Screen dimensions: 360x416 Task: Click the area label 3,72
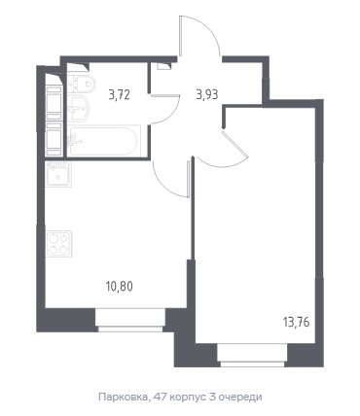[120, 95]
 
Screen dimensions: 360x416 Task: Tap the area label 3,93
[207, 95]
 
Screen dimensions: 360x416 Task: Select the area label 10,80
[120, 287]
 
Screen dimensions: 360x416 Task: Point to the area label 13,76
[297, 323]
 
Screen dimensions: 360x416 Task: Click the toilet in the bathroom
[83, 84]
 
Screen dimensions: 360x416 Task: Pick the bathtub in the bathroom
[104, 141]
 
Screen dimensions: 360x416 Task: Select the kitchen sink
[58, 174]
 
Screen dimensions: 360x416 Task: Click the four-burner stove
[58, 244]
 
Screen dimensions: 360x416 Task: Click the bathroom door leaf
[165, 95]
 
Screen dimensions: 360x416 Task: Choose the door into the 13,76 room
[234, 144]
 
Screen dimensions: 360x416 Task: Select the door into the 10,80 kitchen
[188, 179]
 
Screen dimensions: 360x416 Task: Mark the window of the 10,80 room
[130, 321]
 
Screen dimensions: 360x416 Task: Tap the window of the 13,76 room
[253, 356]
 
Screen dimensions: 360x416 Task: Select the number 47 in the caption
[160, 397]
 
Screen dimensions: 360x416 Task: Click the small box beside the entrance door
[163, 65]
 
